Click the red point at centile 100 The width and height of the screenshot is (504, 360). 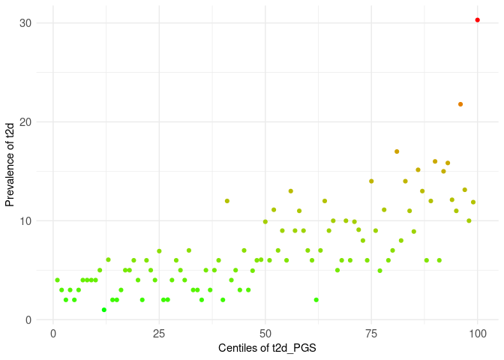[478, 19]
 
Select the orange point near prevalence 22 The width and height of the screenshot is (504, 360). [460, 104]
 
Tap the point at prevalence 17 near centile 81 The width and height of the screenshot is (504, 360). [397, 151]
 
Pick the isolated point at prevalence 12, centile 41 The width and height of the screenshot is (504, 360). [227, 201]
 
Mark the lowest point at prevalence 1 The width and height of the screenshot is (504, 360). [104, 310]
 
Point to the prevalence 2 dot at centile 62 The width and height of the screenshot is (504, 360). [316, 300]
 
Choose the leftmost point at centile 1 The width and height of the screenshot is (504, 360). [57, 280]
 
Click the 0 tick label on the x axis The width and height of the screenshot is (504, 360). [52, 332]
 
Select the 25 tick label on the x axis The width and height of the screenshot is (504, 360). [159, 332]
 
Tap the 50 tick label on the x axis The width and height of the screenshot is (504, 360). [265, 332]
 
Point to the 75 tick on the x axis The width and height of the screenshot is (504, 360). [371, 332]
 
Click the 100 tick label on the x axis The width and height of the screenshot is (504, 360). [478, 332]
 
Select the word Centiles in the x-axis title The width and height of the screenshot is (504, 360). [236, 349]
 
